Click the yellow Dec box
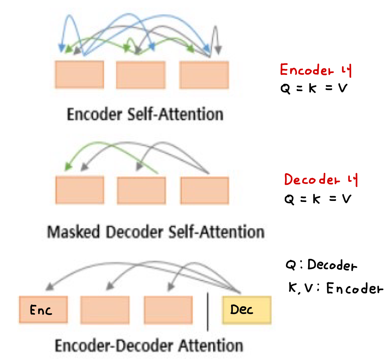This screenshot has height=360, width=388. pyautogui.click(x=247, y=310)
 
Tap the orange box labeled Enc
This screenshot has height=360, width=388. pyautogui.click(x=43, y=310)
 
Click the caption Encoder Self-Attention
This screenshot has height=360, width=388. pyautogui.click(x=145, y=114)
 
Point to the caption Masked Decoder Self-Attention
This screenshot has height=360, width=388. pyautogui.click(x=156, y=232)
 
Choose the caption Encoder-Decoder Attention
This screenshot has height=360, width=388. pyautogui.click(x=149, y=346)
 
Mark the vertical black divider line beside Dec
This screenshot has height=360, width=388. pyautogui.click(x=208, y=311)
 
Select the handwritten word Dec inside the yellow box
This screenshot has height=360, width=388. pyautogui.click(x=242, y=309)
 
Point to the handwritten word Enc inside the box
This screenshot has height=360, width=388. pyautogui.click(x=41, y=310)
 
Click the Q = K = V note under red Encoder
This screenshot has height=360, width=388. pyautogui.click(x=313, y=89)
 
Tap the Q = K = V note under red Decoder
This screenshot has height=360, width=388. pyautogui.click(x=317, y=199)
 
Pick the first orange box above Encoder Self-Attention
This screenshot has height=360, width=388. pyautogui.click(x=79, y=75)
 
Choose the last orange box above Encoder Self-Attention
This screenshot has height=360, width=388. pyautogui.click(x=204, y=75)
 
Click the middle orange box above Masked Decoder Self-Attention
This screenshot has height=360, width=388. pyautogui.click(x=141, y=190)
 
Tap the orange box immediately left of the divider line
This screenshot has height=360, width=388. pyautogui.click(x=168, y=310)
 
